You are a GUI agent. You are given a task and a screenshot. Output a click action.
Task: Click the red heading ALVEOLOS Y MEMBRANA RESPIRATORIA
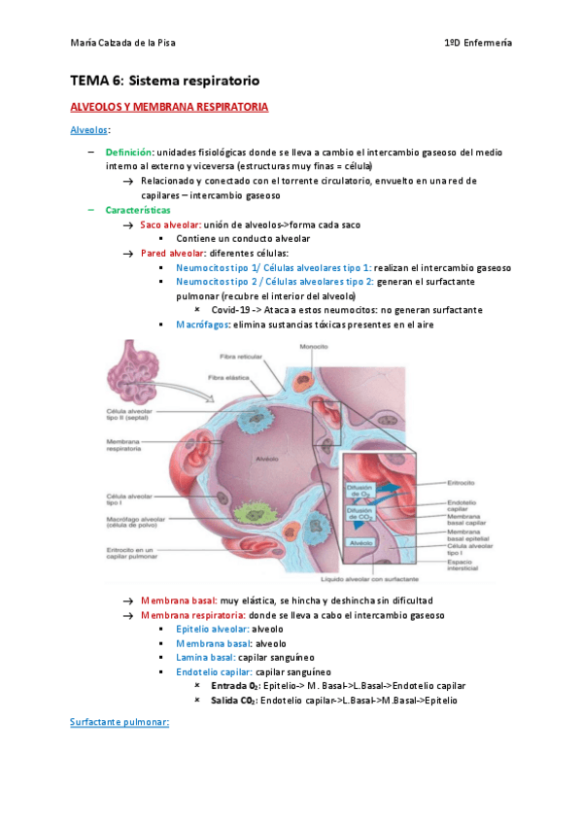tap(170, 106)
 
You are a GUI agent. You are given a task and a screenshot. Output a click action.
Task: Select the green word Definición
tap(129, 154)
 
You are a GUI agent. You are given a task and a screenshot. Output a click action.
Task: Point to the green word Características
tap(138, 210)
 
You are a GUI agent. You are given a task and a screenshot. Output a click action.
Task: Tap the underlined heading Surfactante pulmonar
tap(120, 722)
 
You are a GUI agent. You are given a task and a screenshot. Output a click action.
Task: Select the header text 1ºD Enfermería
tap(478, 44)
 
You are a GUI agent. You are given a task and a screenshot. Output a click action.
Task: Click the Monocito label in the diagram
tap(313, 347)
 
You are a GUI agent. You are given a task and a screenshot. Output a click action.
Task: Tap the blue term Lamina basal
tap(204, 657)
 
